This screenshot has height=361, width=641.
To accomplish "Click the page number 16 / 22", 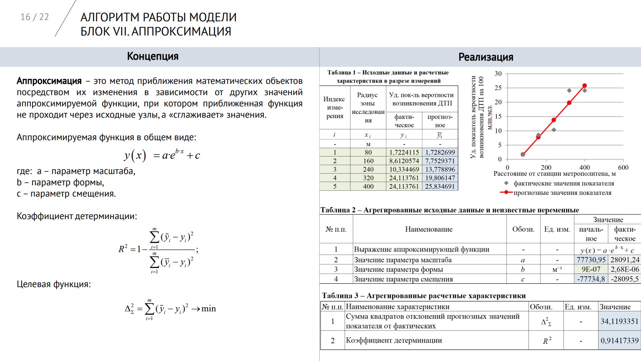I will (x=35, y=17).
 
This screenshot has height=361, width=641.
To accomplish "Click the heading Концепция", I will (x=153, y=56).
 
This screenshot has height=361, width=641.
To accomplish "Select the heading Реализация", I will (x=486, y=57).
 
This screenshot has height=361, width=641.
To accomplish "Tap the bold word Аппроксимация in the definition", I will (x=49, y=81).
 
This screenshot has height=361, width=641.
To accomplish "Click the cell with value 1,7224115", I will (x=404, y=152).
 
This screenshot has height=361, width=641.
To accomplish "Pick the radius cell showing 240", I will (x=368, y=169).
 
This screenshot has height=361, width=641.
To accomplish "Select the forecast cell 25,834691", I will (x=440, y=187).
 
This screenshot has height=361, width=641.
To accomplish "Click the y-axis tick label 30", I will (x=498, y=74).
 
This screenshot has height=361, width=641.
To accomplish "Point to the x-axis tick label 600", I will (x=623, y=167).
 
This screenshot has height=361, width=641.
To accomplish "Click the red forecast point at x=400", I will (x=584, y=86).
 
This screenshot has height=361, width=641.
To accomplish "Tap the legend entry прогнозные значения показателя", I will (x=562, y=193).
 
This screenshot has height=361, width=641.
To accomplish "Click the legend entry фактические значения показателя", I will (x=563, y=183).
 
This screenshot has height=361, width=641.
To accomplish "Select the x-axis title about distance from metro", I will (x=554, y=174).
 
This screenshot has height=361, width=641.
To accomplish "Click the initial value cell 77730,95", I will (x=591, y=260).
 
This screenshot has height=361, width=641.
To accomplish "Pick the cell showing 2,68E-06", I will (x=625, y=269).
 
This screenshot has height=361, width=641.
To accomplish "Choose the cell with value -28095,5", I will (x=625, y=279).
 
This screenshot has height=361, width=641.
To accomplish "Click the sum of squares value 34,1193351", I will (x=619, y=321).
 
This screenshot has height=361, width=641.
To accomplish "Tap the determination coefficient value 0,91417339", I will (x=619, y=341).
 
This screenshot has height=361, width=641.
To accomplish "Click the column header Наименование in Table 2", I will (x=428, y=229).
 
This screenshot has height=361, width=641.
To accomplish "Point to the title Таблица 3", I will (x=423, y=295).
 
